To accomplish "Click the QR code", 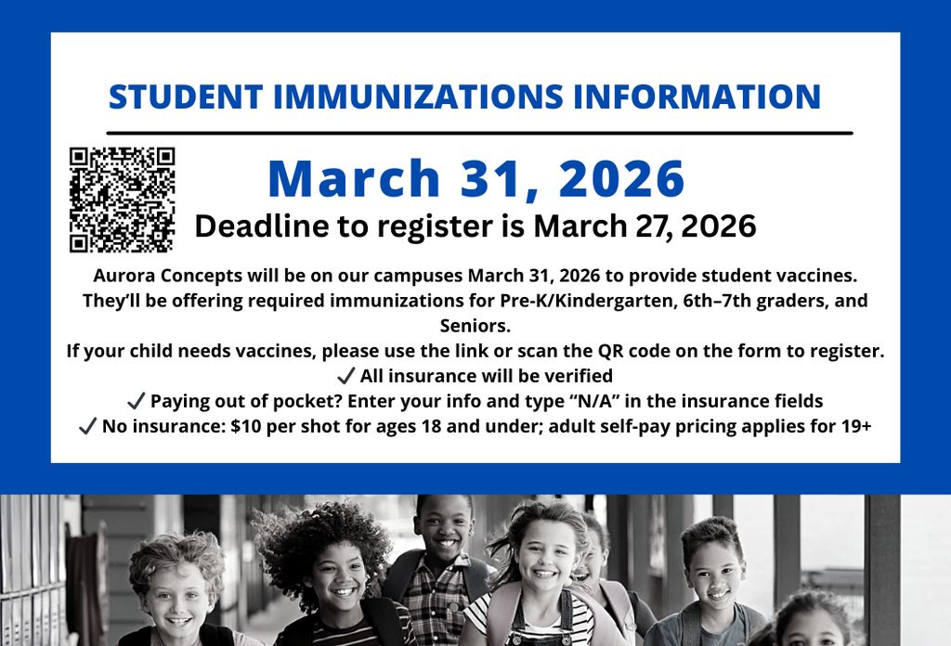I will point(122,200).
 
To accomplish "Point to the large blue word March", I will point(354,178).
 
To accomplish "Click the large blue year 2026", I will point(621,178).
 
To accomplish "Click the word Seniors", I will point(475,326).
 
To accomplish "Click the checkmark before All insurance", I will point(345,377).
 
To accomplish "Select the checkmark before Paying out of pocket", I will point(136,402).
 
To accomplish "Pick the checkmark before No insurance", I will point(88,427).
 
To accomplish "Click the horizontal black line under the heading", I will point(479,133).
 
